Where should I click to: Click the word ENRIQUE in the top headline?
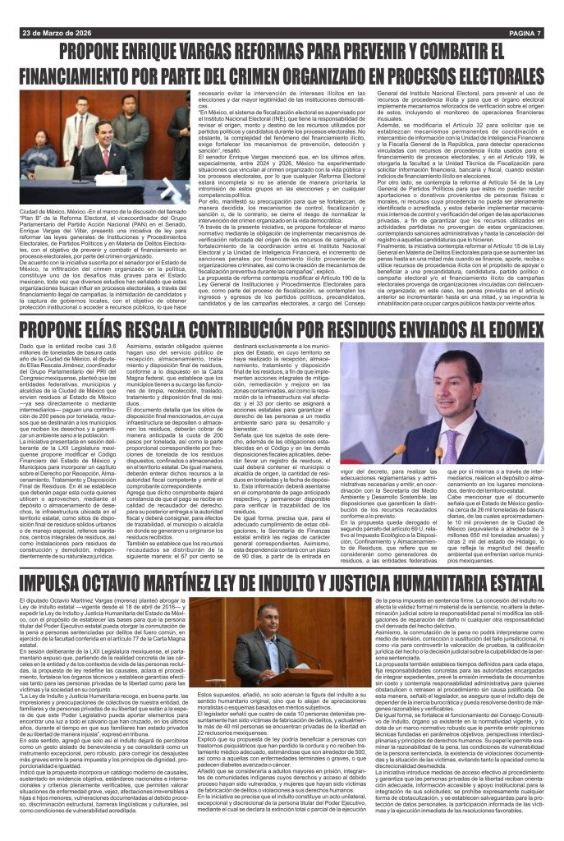pyautogui.click(x=181, y=55)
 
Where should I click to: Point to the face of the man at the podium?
pyautogui.click(x=273, y=624)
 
